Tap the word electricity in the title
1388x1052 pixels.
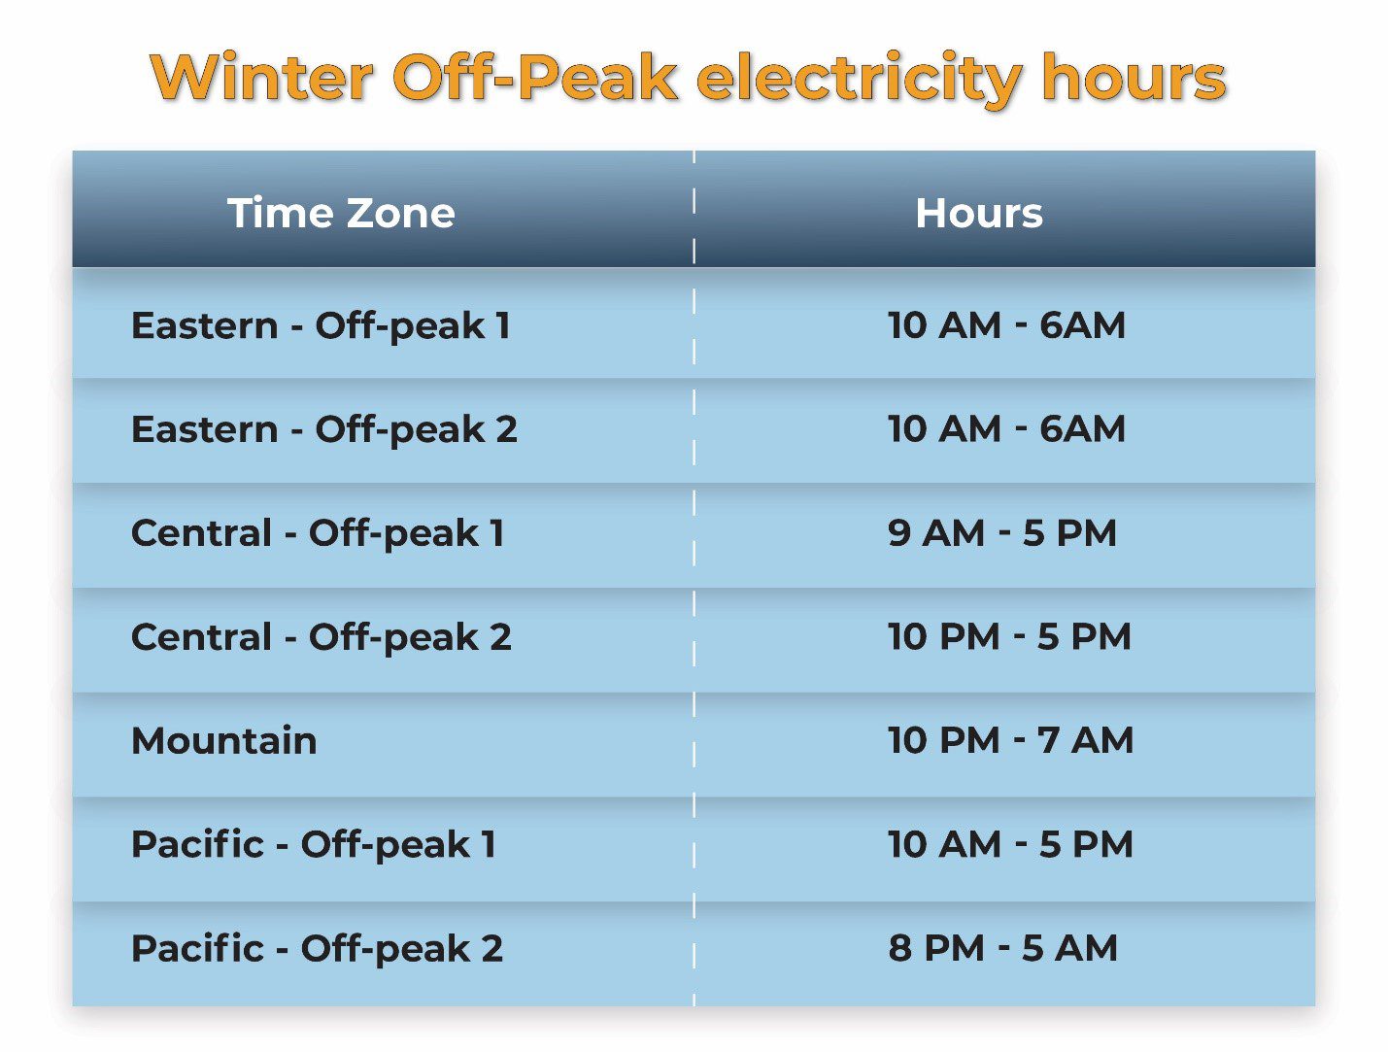(x=860, y=81)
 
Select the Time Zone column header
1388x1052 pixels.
(x=342, y=213)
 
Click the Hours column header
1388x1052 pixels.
(x=979, y=213)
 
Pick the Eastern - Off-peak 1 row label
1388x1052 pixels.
(x=321, y=326)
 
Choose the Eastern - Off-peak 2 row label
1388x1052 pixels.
(x=324, y=430)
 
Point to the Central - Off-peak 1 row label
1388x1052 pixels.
(x=318, y=533)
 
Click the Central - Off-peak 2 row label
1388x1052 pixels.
(x=322, y=637)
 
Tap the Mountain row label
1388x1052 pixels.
(x=223, y=740)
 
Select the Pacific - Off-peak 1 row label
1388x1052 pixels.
(x=314, y=845)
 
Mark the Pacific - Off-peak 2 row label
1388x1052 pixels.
(x=318, y=948)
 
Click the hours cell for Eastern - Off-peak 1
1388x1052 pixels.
(x=1006, y=325)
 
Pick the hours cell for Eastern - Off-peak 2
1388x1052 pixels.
(x=1006, y=429)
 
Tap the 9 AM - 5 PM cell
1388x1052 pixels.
(x=1002, y=533)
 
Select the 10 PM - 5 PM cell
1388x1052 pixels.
(x=1010, y=636)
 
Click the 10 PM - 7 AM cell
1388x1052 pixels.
(x=1010, y=740)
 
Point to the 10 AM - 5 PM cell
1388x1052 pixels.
(x=1010, y=844)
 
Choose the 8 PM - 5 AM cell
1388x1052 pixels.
(x=1003, y=948)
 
